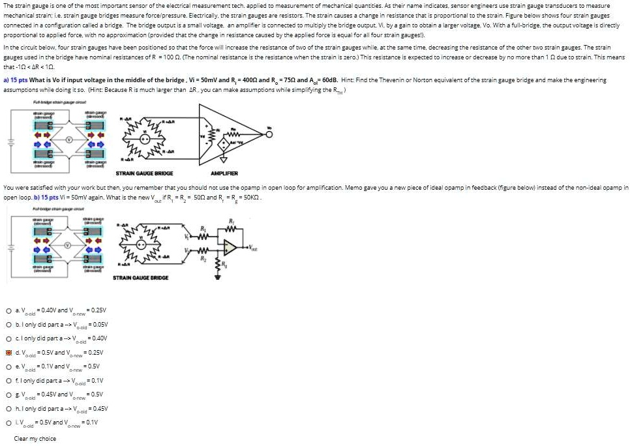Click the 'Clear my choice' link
[x=35, y=439]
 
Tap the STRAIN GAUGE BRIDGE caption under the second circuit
[x=141, y=278]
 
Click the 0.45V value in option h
[x=98, y=409]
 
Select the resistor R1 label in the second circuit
[x=203, y=230]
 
